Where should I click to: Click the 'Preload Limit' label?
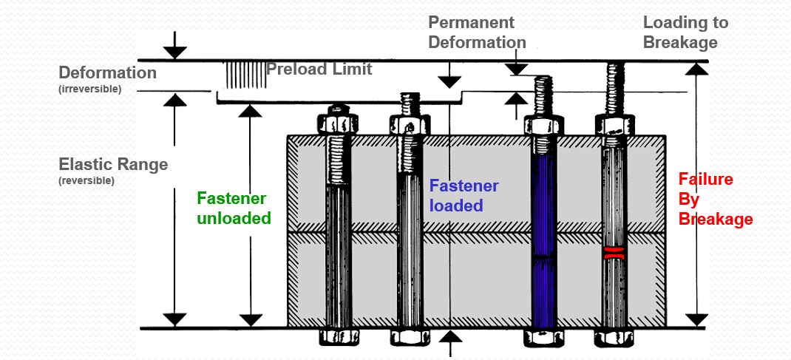pyautogui.click(x=319, y=69)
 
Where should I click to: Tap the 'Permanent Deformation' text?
pyautogui.click(x=477, y=32)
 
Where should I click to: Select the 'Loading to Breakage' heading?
pyautogui.click(x=685, y=32)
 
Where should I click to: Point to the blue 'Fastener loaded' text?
pyautogui.click(x=464, y=195)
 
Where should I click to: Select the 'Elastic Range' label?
pyautogui.click(x=113, y=164)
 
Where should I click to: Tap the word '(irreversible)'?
pyautogui.click(x=89, y=89)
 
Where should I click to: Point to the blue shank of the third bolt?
pyautogui.click(x=543, y=237)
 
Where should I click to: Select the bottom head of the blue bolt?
pyautogui.click(x=543, y=337)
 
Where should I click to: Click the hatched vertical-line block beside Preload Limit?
pyautogui.click(x=243, y=75)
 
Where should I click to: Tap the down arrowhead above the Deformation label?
pyautogui.click(x=174, y=52)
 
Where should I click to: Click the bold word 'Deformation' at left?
pyautogui.click(x=107, y=73)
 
